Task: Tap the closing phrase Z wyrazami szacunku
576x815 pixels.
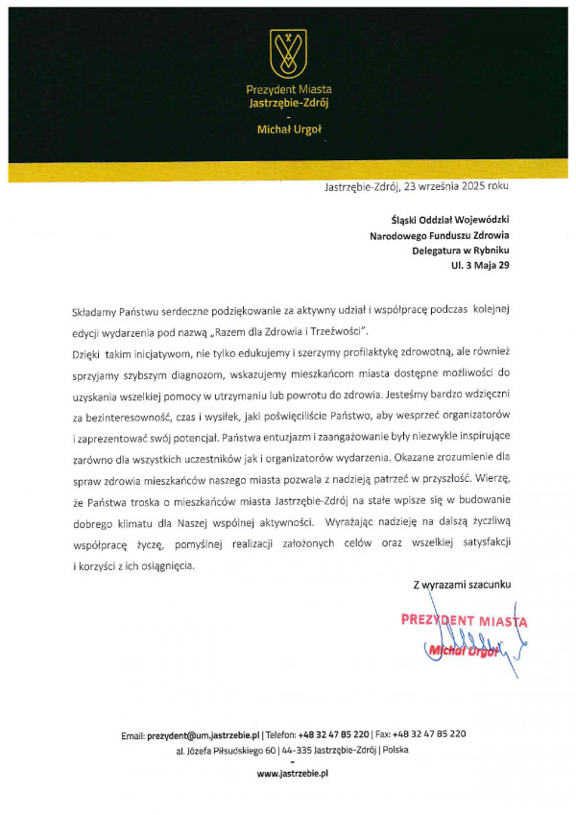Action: click(x=463, y=584)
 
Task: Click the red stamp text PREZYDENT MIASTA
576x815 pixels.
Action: click(x=464, y=620)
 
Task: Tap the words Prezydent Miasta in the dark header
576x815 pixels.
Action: click(x=288, y=89)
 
